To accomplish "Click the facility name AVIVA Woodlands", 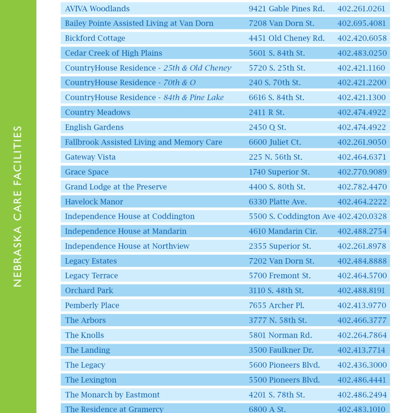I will [97, 9].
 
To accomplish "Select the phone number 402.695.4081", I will [362, 23].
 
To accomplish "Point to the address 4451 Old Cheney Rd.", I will [286, 38].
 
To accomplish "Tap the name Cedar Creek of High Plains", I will [114, 53].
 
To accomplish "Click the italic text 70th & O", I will [179, 83].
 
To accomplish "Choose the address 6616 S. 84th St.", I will [276, 97].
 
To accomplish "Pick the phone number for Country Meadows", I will [362, 112].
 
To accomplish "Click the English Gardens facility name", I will [94, 127].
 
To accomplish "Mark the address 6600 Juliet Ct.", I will [275, 142].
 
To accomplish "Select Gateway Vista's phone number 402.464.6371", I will [362, 157].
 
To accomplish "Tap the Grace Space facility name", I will [87, 172].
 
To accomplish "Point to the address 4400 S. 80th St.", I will [277, 187].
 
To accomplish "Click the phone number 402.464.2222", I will [362, 202].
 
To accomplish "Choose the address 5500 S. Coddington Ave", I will [292, 216].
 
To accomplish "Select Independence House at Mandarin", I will [126, 231].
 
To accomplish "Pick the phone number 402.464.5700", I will [362, 276].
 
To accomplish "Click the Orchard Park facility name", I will [89, 290].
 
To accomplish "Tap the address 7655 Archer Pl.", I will [276, 305].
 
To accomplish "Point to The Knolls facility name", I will [84, 335].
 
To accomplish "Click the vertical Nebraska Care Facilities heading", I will [18, 206].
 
